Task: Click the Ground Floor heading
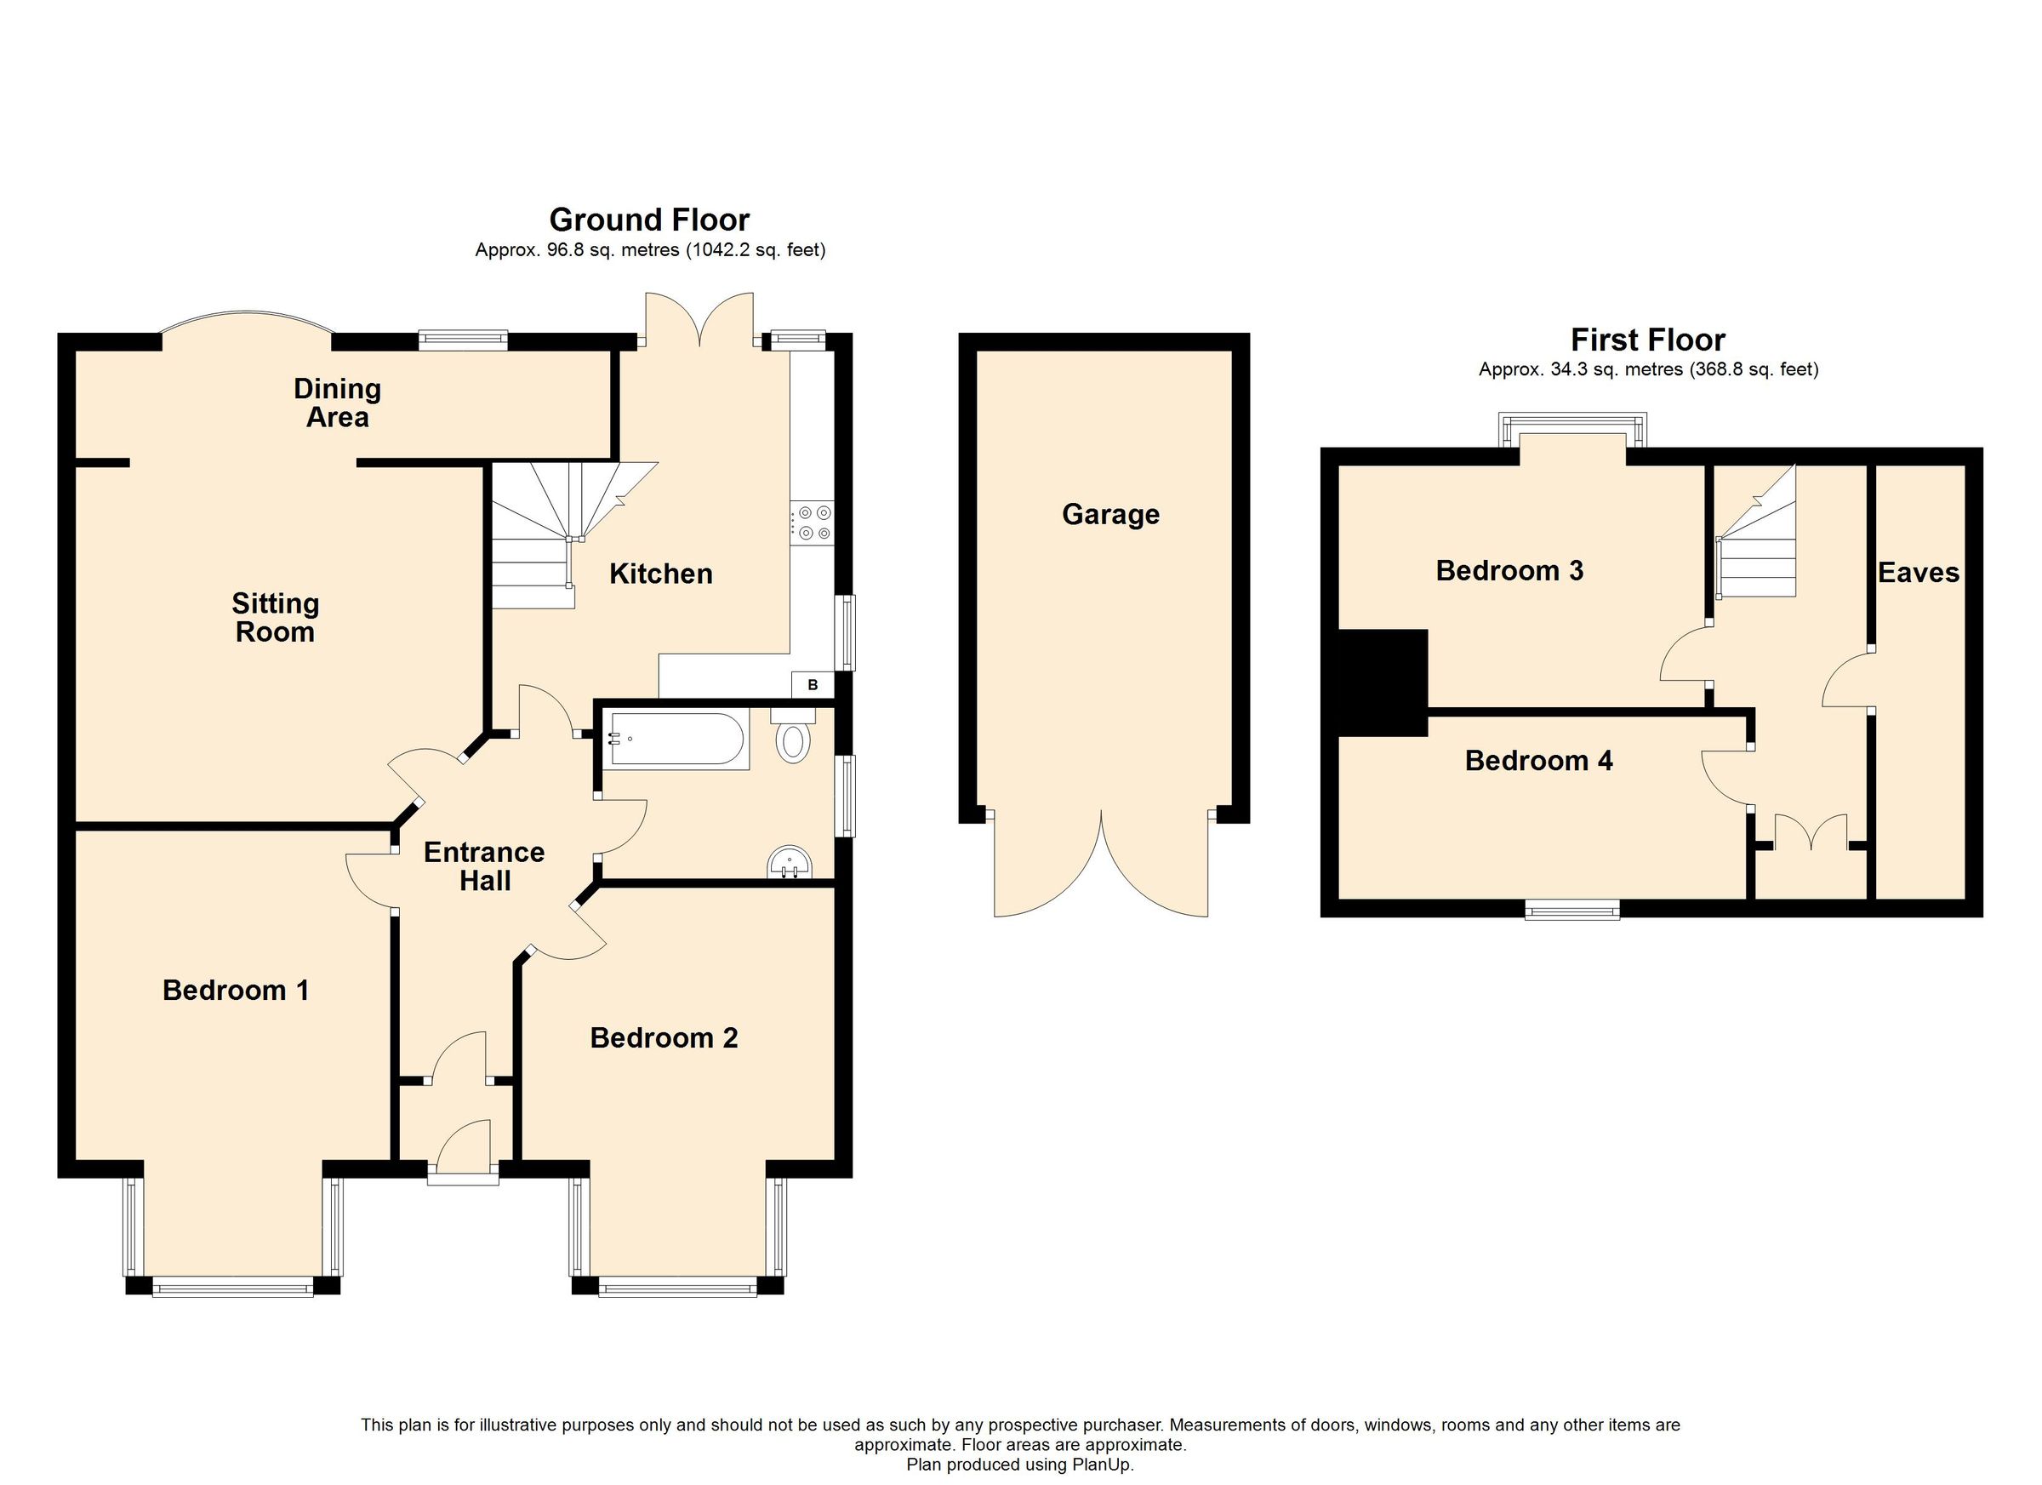(649, 220)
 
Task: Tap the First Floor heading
(1648, 340)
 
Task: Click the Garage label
(1110, 514)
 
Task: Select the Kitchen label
(661, 574)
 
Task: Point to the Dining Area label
(338, 403)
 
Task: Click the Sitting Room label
(275, 617)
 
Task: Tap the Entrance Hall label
(484, 866)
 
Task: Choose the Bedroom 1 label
(236, 991)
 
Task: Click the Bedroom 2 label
(664, 1038)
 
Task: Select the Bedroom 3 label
(1509, 571)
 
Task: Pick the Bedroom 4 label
(1537, 761)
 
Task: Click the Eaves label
(1918, 573)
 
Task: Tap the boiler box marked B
(812, 685)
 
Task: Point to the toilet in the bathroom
(793, 738)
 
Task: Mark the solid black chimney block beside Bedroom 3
(1383, 683)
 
